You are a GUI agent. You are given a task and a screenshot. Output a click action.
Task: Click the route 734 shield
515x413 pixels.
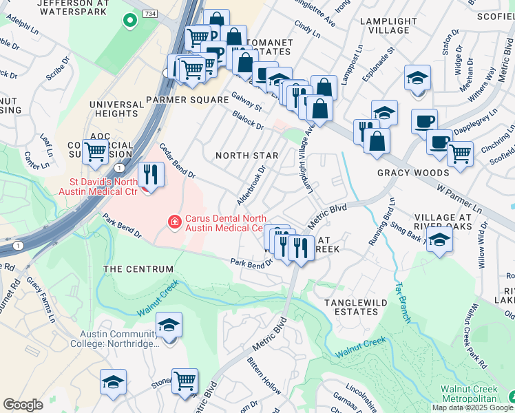tap(150, 14)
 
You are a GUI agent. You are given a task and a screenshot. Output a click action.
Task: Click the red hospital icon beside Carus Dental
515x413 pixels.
tap(175, 221)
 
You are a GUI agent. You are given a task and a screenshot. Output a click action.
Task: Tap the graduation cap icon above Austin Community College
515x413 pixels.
tap(169, 326)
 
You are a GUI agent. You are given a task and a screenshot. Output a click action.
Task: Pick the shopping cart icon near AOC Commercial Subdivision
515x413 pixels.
tap(96, 151)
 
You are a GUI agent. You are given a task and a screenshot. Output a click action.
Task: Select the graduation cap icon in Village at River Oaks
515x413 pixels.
tap(439, 240)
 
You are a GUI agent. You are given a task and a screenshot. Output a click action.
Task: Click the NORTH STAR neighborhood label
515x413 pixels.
tap(246, 156)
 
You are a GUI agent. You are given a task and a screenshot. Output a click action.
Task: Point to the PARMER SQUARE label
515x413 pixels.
tap(187, 100)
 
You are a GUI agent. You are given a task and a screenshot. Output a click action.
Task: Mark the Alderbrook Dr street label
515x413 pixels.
tap(252, 185)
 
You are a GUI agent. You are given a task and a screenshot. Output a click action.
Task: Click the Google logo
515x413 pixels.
tap(23, 405)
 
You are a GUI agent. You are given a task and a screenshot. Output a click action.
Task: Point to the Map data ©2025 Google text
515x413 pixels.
tap(472, 407)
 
